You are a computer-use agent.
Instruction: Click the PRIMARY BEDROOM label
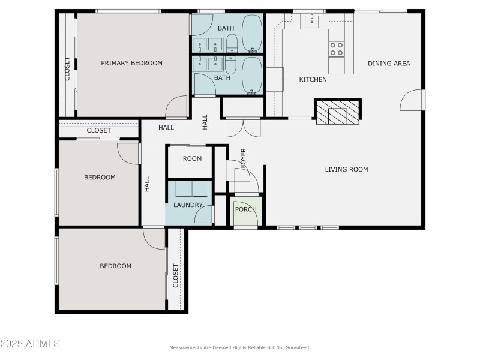[131, 63]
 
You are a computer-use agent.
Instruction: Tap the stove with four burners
[337, 49]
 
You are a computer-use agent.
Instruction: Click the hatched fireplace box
[338, 112]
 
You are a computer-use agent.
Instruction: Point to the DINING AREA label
[389, 64]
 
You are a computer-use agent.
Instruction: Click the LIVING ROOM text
[347, 170]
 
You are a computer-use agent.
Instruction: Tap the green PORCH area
[246, 211]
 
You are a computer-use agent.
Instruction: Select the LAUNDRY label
[188, 205]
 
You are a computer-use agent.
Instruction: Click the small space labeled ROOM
[190, 161]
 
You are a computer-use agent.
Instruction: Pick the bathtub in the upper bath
[252, 33]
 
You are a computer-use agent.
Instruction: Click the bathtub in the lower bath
[252, 76]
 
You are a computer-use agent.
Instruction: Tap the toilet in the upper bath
[232, 43]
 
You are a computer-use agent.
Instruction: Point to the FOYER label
[244, 158]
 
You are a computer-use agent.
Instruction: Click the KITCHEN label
[313, 80]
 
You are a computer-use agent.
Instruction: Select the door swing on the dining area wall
[411, 100]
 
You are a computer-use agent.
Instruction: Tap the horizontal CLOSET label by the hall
[98, 130]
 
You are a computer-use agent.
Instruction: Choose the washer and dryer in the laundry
[192, 189]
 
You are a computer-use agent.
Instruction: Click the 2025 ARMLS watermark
[30, 343]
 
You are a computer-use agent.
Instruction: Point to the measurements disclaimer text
[240, 348]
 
